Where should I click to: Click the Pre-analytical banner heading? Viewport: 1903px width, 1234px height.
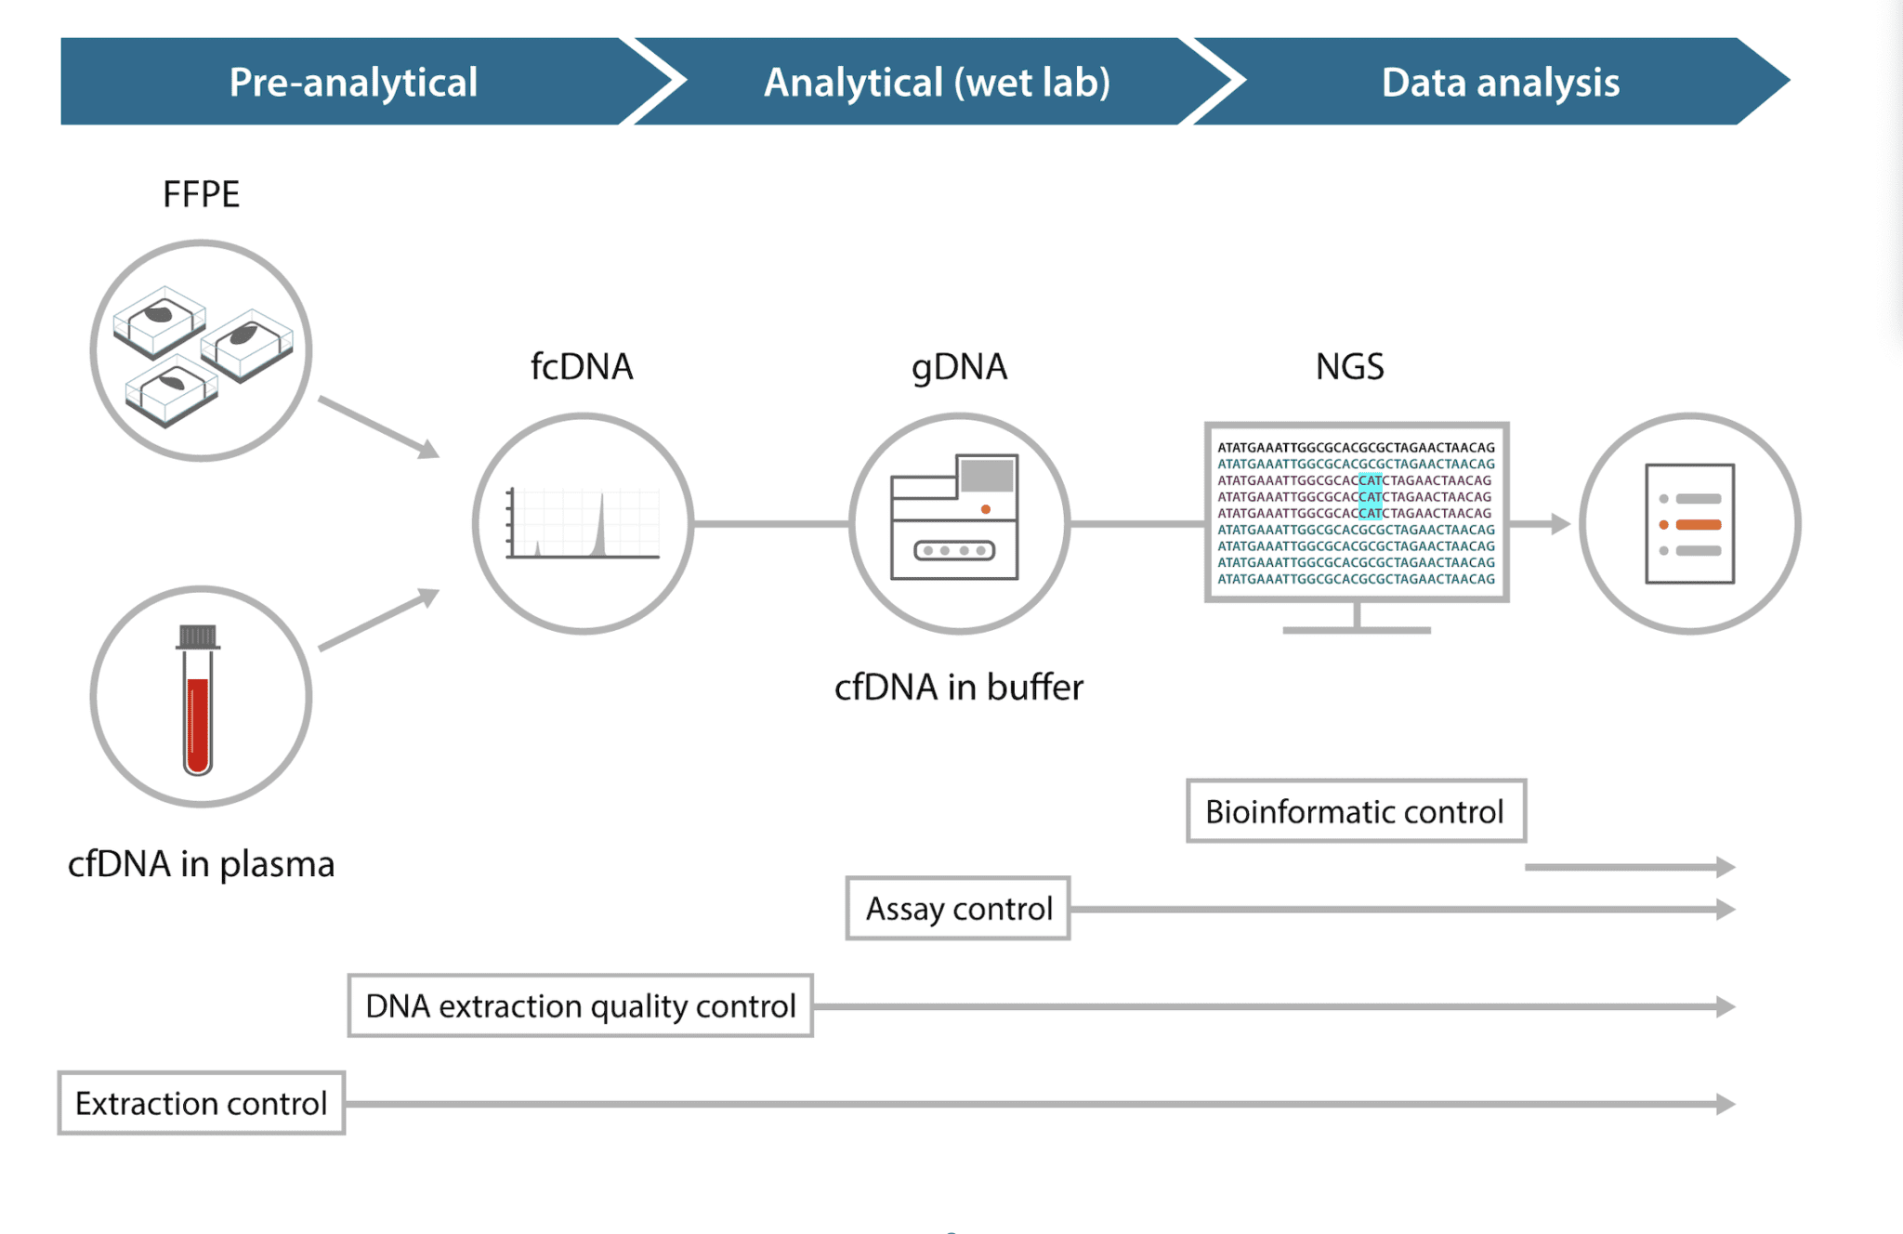tap(353, 83)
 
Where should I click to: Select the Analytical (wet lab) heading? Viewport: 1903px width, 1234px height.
tap(937, 83)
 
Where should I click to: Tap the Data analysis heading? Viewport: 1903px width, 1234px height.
tap(1500, 83)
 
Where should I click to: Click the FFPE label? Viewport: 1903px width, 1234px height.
tap(201, 194)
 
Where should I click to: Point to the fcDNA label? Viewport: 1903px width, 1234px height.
tap(582, 366)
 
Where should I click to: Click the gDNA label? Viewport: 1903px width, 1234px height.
tap(959, 366)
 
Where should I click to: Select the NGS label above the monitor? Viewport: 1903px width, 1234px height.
tap(1349, 366)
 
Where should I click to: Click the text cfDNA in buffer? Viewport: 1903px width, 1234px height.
tap(959, 688)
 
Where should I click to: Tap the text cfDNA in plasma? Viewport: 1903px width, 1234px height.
tap(201, 864)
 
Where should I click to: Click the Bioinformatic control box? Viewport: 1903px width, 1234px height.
tap(1355, 811)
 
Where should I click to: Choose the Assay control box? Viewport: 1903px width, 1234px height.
tap(958, 908)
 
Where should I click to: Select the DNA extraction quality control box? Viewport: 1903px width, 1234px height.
tap(580, 1005)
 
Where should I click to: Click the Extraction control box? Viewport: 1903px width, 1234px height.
tap(201, 1103)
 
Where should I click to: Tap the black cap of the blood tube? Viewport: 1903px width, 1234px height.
tap(198, 637)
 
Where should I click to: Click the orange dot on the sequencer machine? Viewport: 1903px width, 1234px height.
tap(986, 509)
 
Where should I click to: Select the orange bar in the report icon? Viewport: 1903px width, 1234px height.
tap(1699, 525)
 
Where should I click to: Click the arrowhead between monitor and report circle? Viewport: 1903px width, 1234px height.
tap(1561, 524)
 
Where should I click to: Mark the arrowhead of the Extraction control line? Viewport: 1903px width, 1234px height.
tap(1726, 1104)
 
